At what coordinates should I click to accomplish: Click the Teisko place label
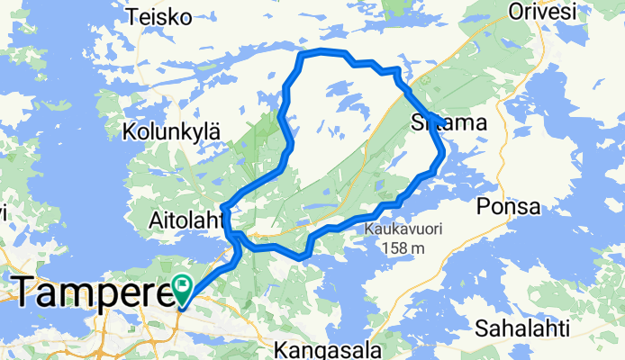[x=159, y=16]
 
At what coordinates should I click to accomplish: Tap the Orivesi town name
[x=541, y=12]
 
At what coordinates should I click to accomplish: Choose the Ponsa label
[x=510, y=207]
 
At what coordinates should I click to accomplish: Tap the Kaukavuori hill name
[x=401, y=229]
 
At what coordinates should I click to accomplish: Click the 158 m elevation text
[x=402, y=247]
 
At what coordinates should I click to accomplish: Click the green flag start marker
[x=183, y=287]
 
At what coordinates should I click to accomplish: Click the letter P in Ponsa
[x=487, y=207]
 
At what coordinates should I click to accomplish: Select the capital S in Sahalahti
[x=482, y=328]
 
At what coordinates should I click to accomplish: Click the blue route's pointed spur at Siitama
[x=430, y=116]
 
